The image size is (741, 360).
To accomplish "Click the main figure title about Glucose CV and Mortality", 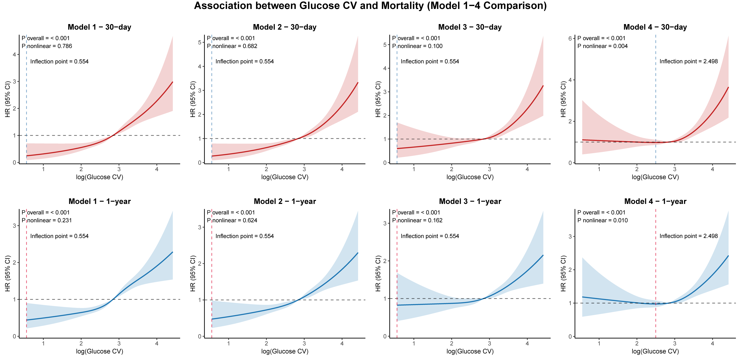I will point(370,6).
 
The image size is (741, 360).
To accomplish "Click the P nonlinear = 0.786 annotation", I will point(47,46).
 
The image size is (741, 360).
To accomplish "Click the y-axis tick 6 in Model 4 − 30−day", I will point(570,39).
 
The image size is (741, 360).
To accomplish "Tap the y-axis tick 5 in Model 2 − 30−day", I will point(199,42).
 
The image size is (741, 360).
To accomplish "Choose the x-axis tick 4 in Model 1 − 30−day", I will point(157,169).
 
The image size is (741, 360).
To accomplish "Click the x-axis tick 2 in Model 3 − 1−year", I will point(452,343).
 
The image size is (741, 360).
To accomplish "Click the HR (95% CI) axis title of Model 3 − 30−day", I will point(378,99).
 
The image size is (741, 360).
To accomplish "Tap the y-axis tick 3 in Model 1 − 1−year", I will point(14,226).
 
